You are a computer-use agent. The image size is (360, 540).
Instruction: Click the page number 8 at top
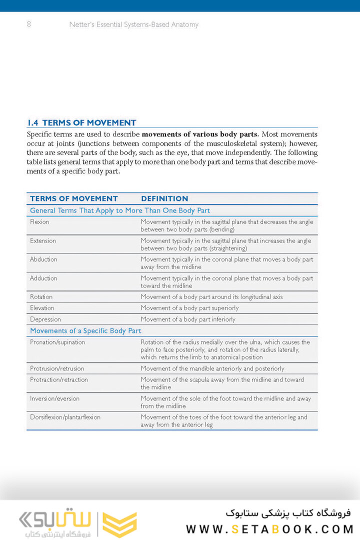pyautogui.click(x=28, y=24)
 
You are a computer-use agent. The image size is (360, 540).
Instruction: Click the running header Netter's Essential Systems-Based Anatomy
pyautogui.click(x=133, y=24)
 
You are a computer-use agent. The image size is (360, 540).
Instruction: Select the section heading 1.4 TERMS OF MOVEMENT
pyautogui.click(x=81, y=122)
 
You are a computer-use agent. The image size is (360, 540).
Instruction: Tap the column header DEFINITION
pyautogui.click(x=164, y=198)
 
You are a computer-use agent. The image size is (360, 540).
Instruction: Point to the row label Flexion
pyautogui.click(x=39, y=221)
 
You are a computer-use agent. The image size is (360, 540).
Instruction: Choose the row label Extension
pyautogui.click(x=43, y=240)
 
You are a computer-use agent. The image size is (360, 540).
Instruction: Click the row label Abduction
pyautogui.click(x=43, y=259)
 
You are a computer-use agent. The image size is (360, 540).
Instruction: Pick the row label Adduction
pyautogui.click(x=43, y=278)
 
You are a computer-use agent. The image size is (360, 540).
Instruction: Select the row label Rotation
pyautogui.click(x=41, y=296)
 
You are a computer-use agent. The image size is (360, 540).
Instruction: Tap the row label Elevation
pyautogui.click(x=42, y=308)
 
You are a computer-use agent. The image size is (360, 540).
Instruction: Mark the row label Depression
pyautogui.click(x=45, y=319)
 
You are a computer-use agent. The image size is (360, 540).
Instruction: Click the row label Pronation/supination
pyautogui.click(x=57, y=342)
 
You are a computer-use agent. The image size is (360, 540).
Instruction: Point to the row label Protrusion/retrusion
pyautogui.click(x=57, y=368)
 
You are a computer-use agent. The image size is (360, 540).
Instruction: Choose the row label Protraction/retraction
pyautogui.click(x=58, y=379)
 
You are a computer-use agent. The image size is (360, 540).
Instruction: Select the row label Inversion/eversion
pyautogui.click(x=54, y=398)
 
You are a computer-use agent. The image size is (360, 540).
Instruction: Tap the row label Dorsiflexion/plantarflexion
pyautogui.click(x=65, y=417)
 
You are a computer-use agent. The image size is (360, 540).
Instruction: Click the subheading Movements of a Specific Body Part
pyautogui.click(x=85, y=330)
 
